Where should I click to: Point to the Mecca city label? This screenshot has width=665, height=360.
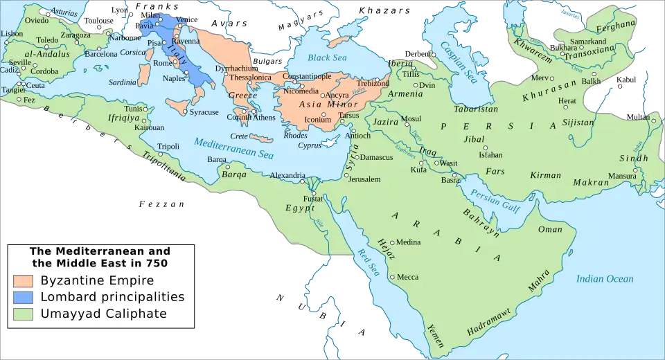tap(407, 277)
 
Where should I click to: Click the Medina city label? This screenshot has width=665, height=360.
tap(409, 242)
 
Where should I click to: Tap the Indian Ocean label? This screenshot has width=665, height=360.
tap(605, 279)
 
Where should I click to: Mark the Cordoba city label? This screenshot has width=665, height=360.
tap(45, 71)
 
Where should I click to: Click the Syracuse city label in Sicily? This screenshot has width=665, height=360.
tap(204, 112)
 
